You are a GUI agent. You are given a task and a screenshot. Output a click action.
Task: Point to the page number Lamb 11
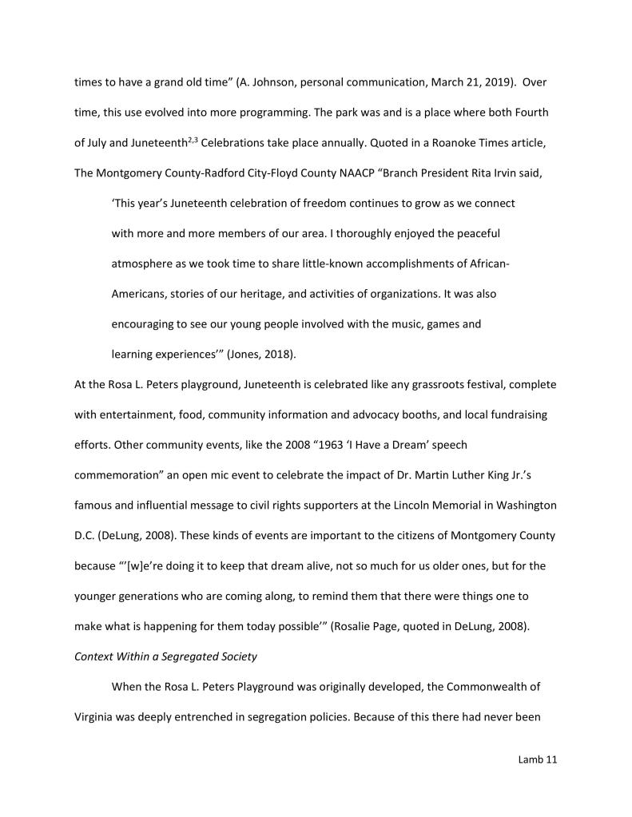[537, 759]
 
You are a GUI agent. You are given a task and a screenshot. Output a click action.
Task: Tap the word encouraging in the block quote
[145, 324]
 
